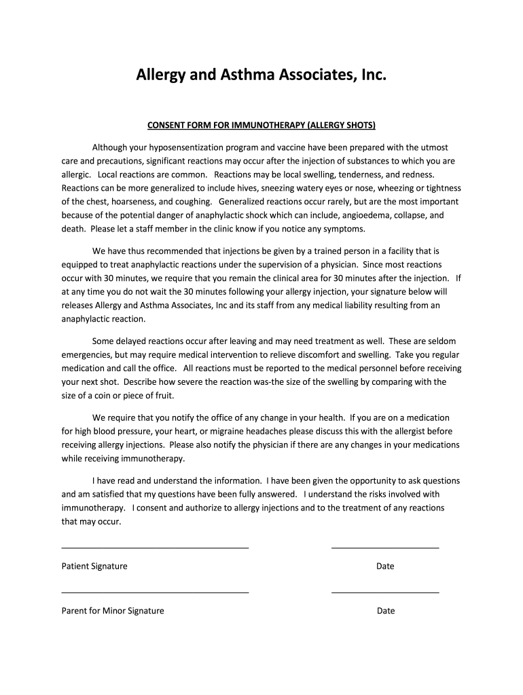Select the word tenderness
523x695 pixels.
(353, 174)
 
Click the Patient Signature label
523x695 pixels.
(94, 566)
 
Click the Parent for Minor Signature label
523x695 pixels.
(113, 611)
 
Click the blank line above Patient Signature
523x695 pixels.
(155, 547)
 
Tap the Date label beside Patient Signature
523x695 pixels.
(385, 566)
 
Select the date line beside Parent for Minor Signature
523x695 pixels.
(385, 592)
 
